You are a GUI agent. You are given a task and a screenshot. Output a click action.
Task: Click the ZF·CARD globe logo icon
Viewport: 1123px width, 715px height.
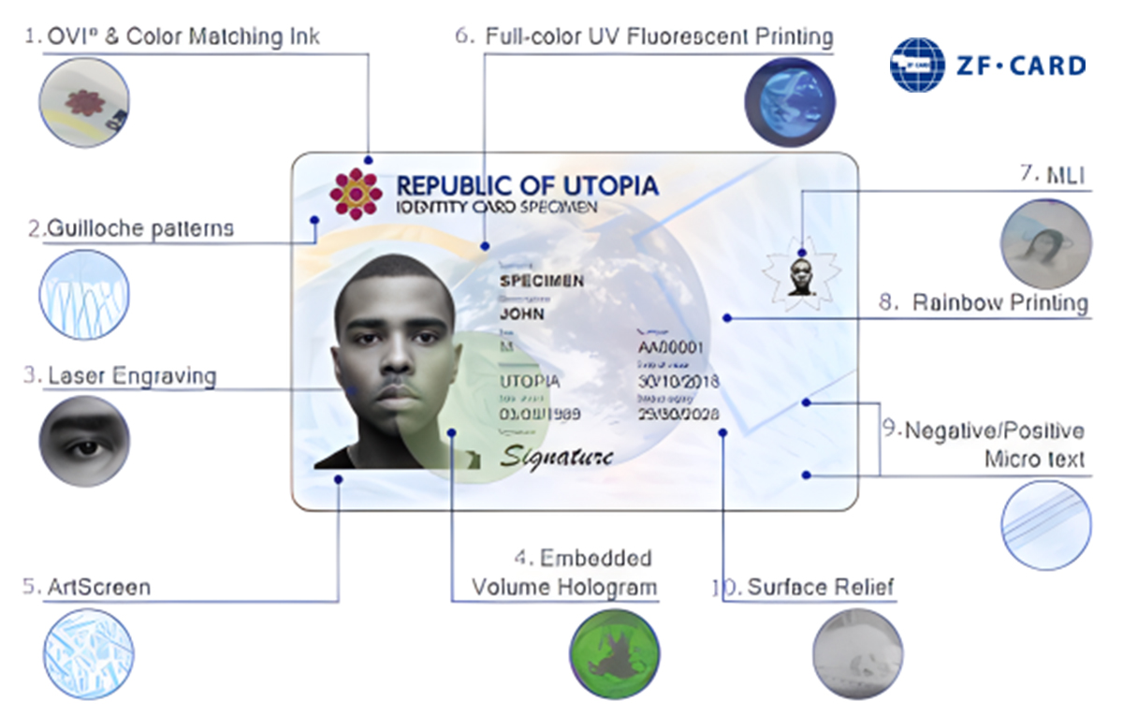[x=917, y=65]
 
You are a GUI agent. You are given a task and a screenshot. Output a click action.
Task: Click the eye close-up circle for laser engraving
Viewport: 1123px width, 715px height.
[x=84, y=441]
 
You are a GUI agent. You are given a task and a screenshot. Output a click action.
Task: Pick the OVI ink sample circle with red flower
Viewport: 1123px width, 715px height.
[x=84, y=102]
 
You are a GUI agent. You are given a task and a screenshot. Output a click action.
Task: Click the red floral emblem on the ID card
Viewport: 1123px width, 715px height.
[x=356, y=194]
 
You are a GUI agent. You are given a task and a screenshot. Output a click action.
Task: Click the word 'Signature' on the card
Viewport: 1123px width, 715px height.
[x=556, y=456]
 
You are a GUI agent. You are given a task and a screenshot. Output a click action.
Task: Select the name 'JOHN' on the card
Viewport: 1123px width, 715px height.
[x=522, y=314]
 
